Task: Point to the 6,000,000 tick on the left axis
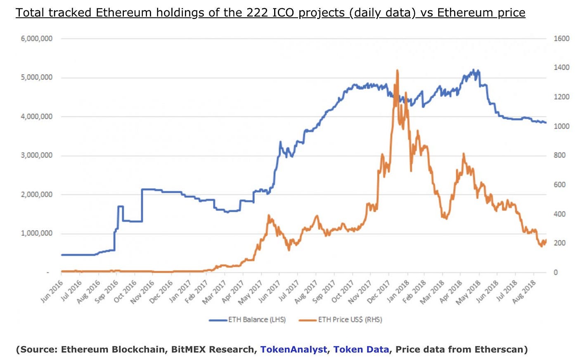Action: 37,38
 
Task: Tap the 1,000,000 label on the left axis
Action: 37,233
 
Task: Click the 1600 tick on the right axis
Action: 561,38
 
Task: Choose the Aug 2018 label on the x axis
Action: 525,291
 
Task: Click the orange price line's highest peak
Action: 397,71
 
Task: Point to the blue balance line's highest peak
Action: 474,70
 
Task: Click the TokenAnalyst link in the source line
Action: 294,350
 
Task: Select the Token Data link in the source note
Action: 361,350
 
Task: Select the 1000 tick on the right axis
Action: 561,126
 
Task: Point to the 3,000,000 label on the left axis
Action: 37,155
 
